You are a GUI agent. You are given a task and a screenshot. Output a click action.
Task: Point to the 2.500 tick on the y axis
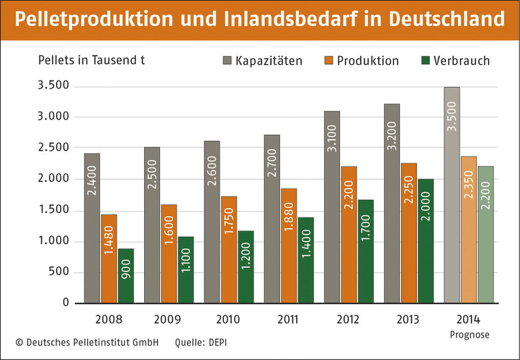click(53, 148)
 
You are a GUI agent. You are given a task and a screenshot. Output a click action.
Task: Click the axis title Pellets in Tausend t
click(91, 59)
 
